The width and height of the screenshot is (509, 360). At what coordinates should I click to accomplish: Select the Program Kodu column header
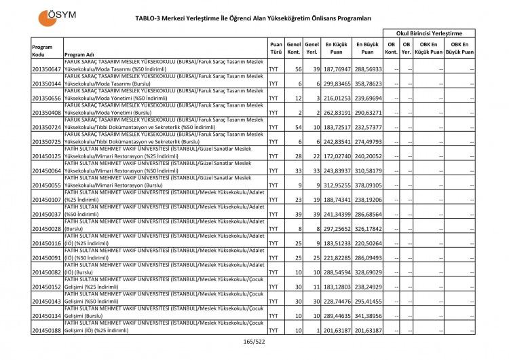[x=42, y=50]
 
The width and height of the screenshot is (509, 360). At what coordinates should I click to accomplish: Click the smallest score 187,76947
[x=336, y=69]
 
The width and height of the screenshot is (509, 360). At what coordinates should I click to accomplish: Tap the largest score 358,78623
[x=367, y=84]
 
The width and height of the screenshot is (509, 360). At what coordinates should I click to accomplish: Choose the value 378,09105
[x=367, y=184]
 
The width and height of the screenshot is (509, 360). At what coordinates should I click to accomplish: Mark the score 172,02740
[x=336, y=155]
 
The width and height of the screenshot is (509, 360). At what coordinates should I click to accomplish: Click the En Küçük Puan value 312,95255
[x=336, y=184]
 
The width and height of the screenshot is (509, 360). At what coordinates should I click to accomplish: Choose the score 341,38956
[x=367, y=316]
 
